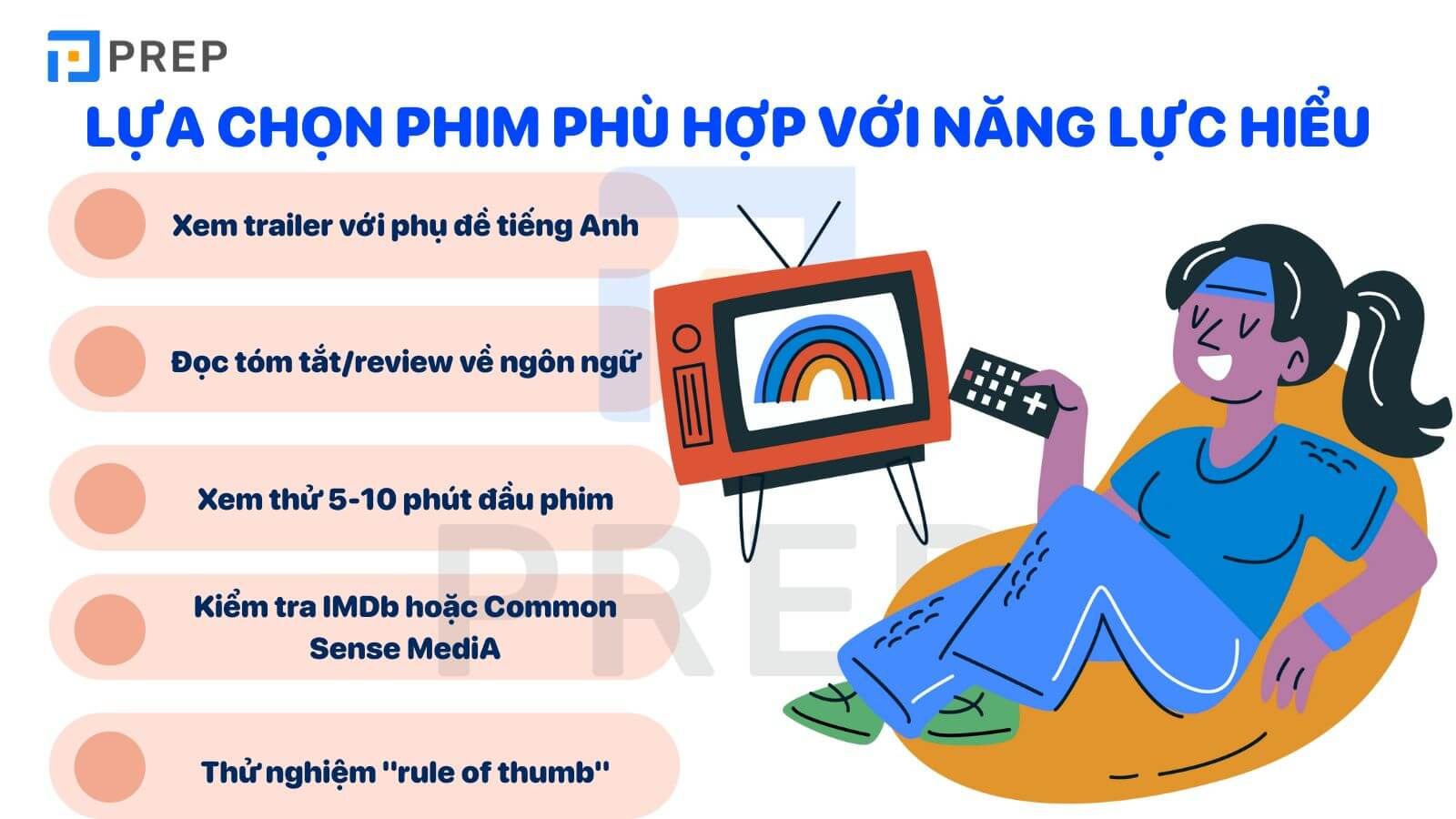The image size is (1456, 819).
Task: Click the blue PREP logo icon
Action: pos(74,56)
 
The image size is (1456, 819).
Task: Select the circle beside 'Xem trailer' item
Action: pos(110,224)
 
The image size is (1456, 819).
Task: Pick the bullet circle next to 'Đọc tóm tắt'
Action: pos(110,361)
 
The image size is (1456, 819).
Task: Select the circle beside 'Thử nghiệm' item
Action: pos(110,767)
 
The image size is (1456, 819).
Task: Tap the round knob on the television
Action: pos(686,339)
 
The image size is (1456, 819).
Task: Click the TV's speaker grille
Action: pos(693,405)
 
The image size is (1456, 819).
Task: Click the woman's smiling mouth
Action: pos(1214,368)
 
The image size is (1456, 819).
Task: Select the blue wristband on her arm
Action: pos(1326,625)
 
